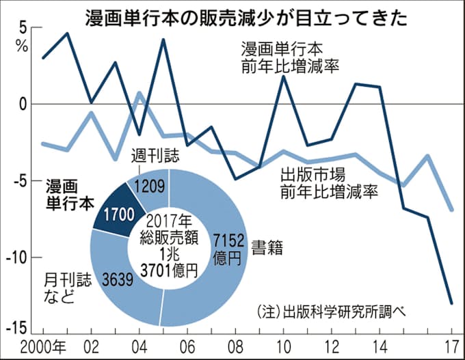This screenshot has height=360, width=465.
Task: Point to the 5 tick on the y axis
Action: pyautogui.click(x=22, y=29)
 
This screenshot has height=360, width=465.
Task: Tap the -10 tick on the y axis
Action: pyautogui.click(x=15, y=258)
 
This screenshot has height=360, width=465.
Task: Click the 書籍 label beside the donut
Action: pyautogui.click(x=265, y=244)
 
